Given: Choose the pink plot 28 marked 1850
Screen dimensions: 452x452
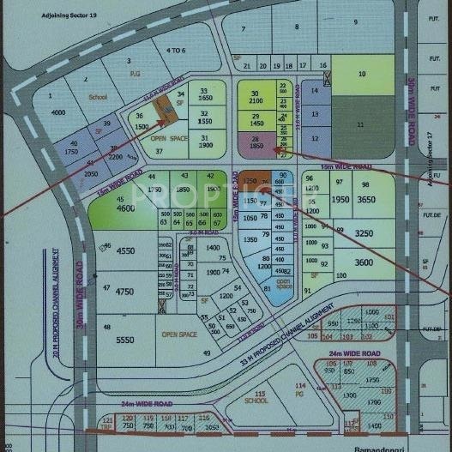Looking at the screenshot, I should click(256, 144).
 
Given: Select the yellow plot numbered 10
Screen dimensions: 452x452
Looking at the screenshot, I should click(362, 75).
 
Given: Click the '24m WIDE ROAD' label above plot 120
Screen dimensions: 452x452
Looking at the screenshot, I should click(147, 403).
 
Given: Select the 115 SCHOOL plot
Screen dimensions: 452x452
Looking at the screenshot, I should click(256, 396).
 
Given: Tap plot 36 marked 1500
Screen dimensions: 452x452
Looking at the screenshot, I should click(141, 121).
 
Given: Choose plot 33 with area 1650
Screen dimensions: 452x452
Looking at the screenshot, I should click(204, 95).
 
